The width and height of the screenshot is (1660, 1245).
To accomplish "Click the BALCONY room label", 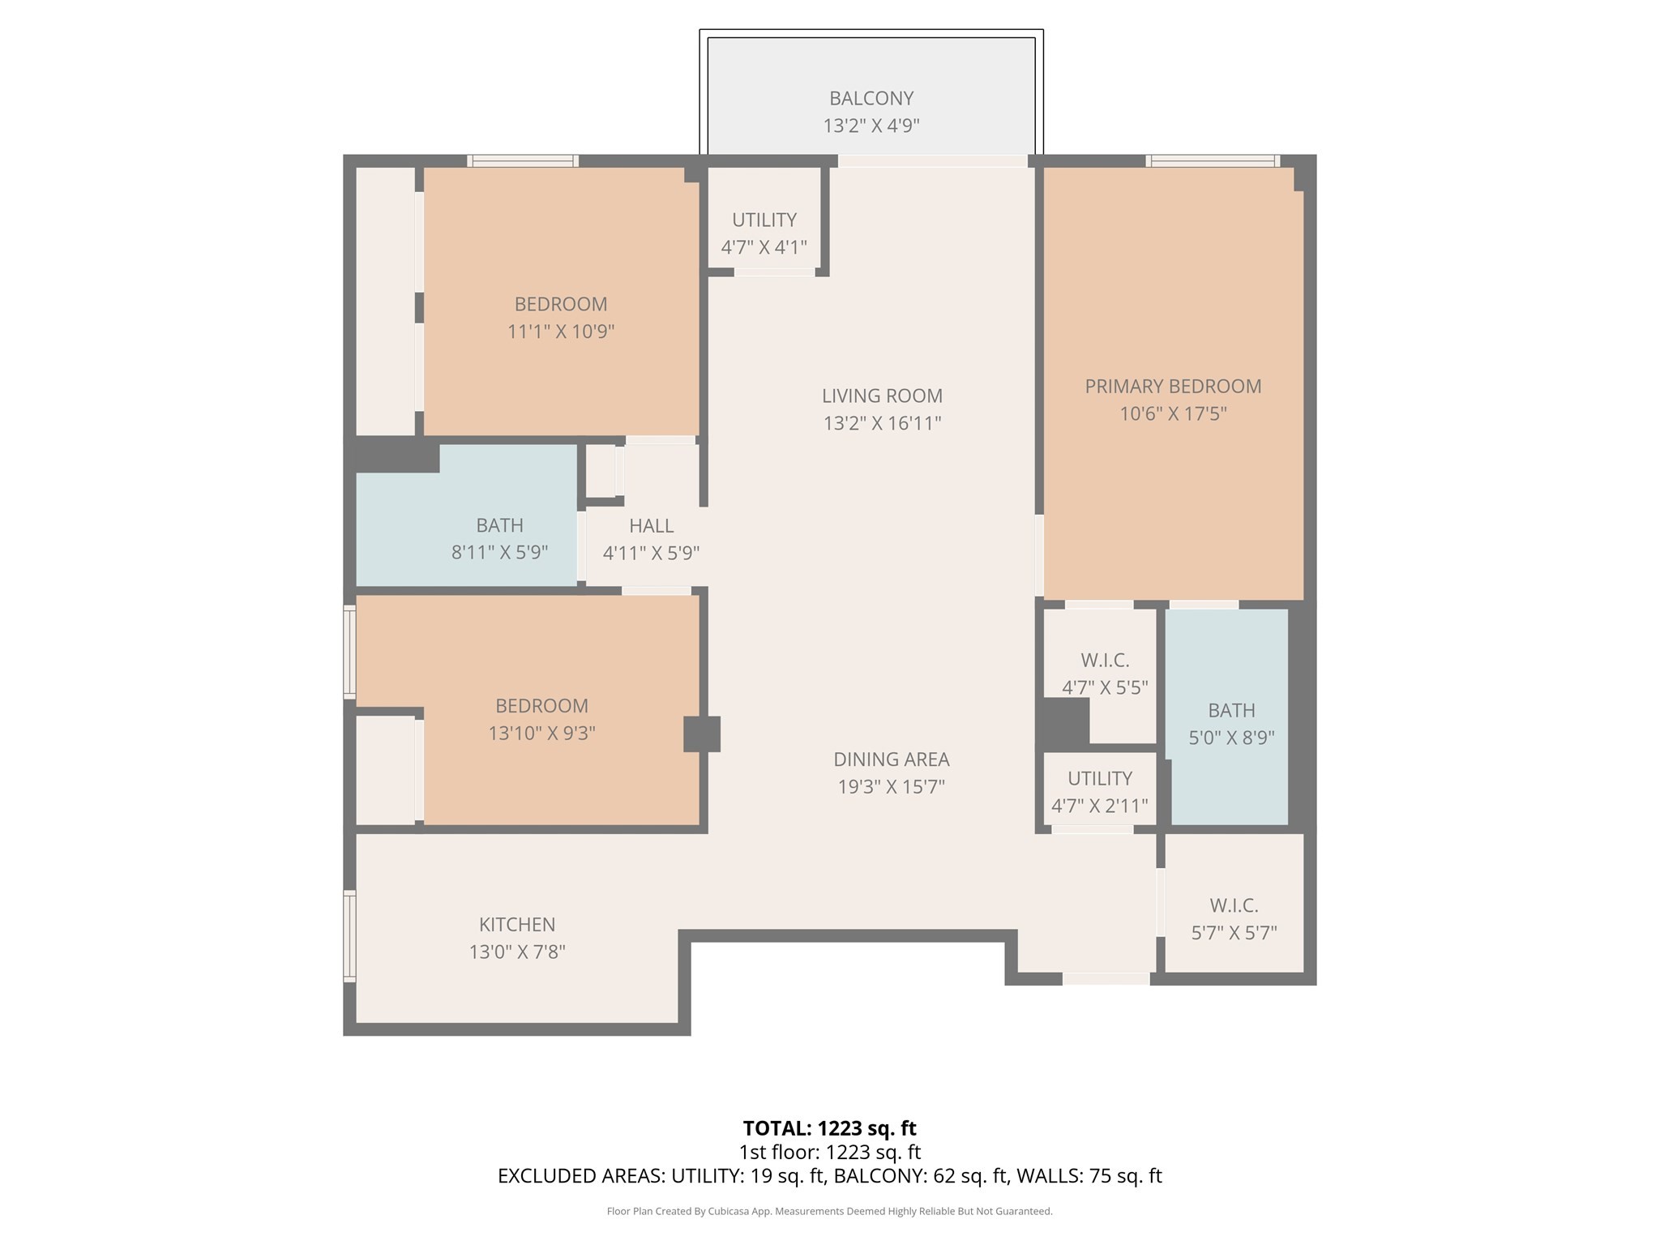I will (871, 98).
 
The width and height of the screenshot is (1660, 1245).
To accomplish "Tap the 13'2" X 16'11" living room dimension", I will (882, 423).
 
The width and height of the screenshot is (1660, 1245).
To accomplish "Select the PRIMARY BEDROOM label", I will (1173, 387).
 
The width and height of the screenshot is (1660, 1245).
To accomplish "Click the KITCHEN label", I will (517, 924).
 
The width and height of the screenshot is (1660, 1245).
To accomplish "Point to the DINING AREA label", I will (891, 759).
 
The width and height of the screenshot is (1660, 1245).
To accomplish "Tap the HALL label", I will (651, 526).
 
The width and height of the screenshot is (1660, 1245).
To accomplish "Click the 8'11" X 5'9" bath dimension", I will (499, 553).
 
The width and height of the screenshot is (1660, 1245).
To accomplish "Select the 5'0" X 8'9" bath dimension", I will (1231, 738).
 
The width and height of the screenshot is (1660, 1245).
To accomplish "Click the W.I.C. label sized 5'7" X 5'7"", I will (1234, 905).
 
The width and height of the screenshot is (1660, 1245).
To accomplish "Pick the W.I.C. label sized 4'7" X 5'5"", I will (1105, 661).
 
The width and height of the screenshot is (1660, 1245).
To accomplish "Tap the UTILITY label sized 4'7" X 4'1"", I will (764, 220).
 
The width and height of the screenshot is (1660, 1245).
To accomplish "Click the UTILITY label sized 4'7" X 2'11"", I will (1099, 778).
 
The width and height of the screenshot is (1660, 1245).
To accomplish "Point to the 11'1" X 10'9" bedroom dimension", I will (561, 332).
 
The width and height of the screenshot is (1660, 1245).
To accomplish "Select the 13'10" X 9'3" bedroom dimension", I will (541, 734).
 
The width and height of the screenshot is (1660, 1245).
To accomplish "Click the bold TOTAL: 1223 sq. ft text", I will (829, 1128).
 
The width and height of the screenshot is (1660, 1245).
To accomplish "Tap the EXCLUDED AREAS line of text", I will (829, 1176).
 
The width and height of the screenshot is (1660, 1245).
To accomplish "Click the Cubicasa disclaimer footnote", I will (829, 1212).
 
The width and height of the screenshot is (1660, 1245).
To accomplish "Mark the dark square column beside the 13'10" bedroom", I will (701, 734).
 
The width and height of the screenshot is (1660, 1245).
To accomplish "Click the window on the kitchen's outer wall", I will (350, 936).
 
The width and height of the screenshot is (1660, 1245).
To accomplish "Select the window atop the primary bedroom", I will (1213, 161).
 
